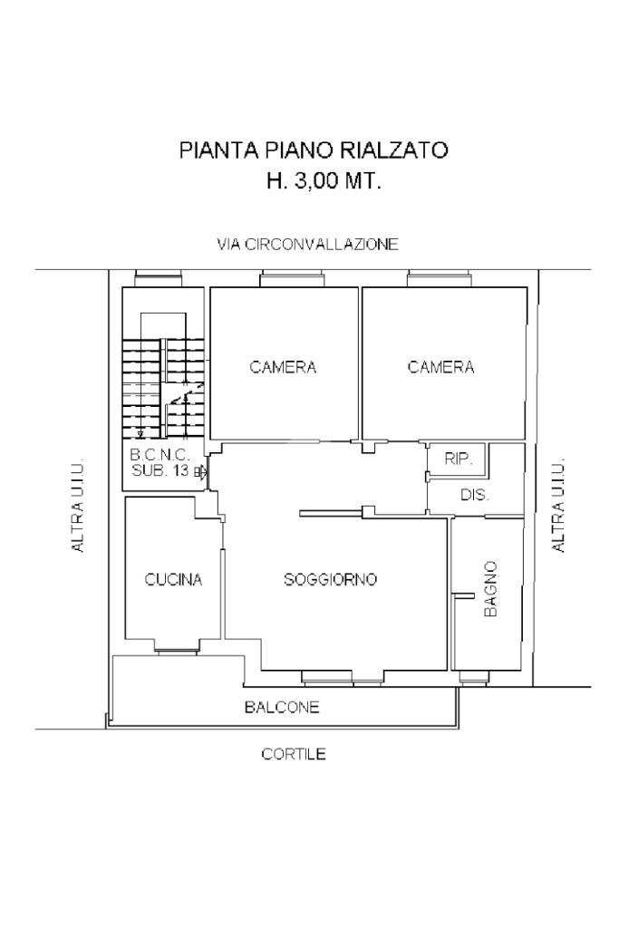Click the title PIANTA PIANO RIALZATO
314,150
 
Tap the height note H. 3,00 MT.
324,180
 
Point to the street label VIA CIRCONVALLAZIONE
307,245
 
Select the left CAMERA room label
283,367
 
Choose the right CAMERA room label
440,367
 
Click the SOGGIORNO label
330,579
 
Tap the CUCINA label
173,579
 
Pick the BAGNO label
490,589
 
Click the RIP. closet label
458,459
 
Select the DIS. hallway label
475,495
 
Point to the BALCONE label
282,707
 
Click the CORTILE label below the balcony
294,754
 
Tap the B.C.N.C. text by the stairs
160,455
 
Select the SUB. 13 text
160,471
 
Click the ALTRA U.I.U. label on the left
78,505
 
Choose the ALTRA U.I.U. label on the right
558,505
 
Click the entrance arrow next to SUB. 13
202,471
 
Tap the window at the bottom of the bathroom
475,677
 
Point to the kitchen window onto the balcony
179,652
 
